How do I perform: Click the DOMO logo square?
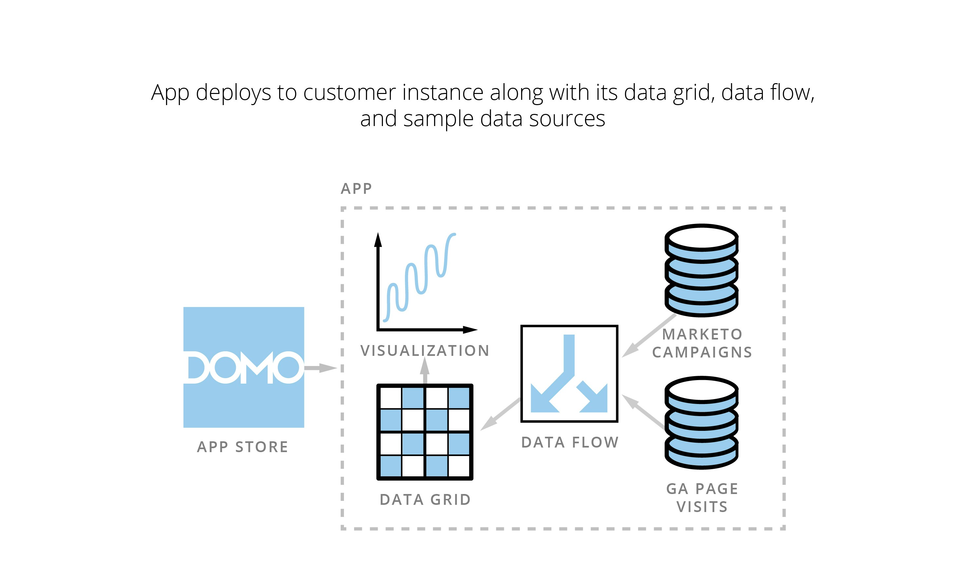pyautogui.click(x=243, y=367)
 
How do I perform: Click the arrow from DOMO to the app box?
pyautogui.click(x=320, y=368)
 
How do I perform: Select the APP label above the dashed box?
pyautogui.click(x=356, y=189)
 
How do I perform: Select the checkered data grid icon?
pyautogui.click(x=425, y=432)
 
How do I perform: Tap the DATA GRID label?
pyautogui.click(x=425, y=500)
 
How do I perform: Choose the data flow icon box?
pyautogui.click(x=569, y=374)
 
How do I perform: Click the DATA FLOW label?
pyautogui.click(x=570, y=442)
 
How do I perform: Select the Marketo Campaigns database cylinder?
pyautogui.click(x=702, y=270)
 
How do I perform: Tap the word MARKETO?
pyautogui.click(x=702, y=334)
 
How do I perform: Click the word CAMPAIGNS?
pyautogui.click(x=702, y=352)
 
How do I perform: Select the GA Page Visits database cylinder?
pyautogui.click(x=702, y=422)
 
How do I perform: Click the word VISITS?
pyautogui.click(x=702, y=507)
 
